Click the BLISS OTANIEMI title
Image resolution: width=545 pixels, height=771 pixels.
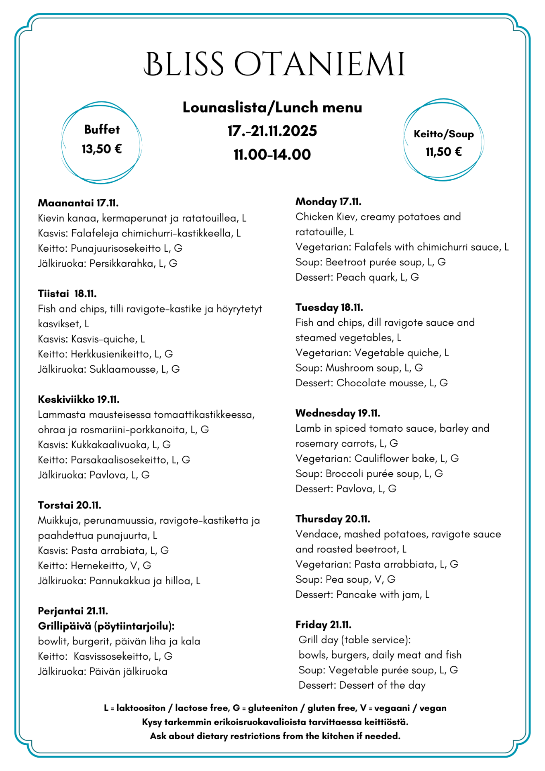click(274, 64)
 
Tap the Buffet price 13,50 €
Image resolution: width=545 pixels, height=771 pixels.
click(102, 149)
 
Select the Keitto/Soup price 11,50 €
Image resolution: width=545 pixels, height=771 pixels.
click(443, 152)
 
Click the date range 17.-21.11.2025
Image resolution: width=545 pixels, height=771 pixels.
click(272, 131)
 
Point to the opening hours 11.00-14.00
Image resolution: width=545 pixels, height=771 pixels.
click(272, 155)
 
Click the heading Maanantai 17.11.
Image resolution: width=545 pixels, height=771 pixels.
click(78, 203)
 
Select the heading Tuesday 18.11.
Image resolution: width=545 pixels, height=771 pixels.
click(329, 308)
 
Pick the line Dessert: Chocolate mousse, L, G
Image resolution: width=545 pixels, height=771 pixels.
click(371, 383)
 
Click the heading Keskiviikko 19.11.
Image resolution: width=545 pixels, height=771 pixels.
click(79, 400)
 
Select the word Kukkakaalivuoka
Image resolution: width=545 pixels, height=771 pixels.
click(109, 445)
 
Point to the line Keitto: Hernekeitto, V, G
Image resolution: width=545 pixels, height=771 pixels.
click(94, 566)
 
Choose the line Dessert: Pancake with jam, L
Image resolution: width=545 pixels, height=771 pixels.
click(362, 595)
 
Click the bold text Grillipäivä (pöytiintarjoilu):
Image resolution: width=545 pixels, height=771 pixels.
click(106, 626)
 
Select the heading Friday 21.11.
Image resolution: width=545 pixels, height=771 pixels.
click(323, 625)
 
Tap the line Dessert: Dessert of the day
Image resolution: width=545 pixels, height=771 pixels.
click(361, 685)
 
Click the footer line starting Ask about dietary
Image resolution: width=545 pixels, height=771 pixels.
click(275, 736)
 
